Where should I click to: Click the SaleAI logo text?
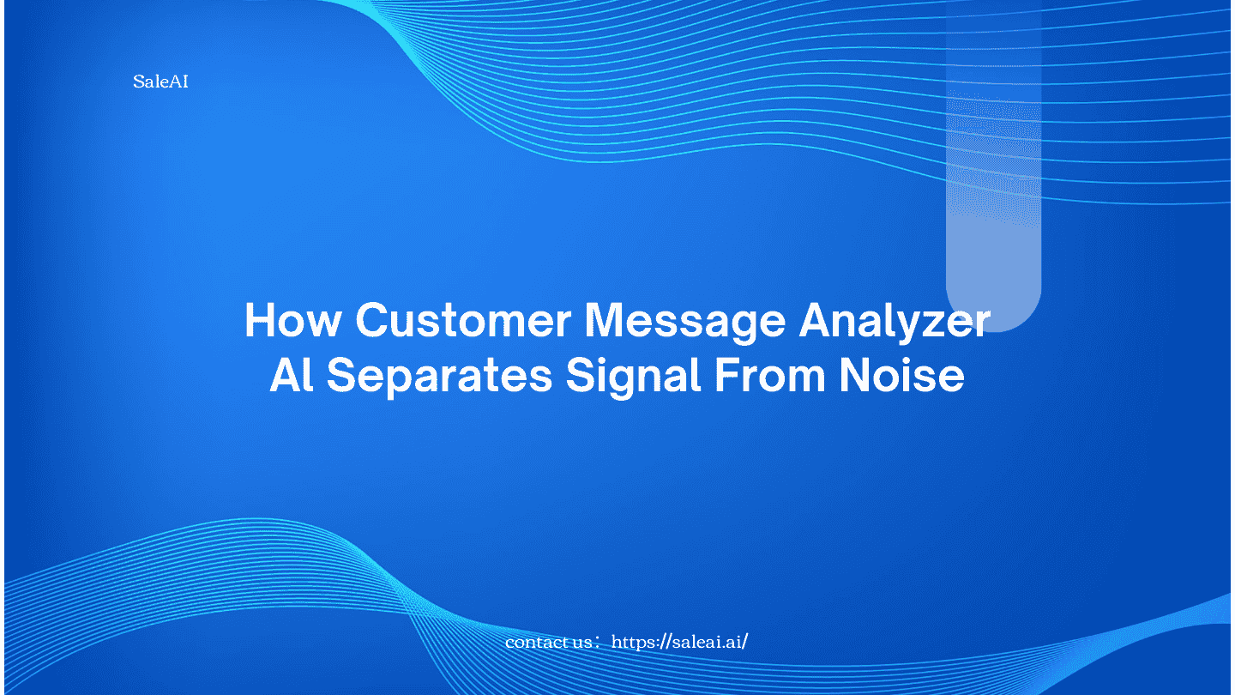[160, 82]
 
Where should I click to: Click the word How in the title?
[293, 320]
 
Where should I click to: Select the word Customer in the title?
[463, 320]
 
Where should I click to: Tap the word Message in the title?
[684, 324]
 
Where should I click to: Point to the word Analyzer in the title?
[895, 324]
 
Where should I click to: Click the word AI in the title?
[292, 375]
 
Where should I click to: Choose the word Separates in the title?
[439, 378]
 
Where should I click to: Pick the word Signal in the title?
[634, 378]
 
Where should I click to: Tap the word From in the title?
[770, 375]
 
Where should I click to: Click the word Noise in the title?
[902, 375]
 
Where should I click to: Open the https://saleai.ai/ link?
[679, 642]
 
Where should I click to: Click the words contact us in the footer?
[548, 643]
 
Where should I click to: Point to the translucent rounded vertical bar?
[993, 166]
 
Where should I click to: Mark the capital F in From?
[726, 375]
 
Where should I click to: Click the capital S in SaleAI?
[139, 82]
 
